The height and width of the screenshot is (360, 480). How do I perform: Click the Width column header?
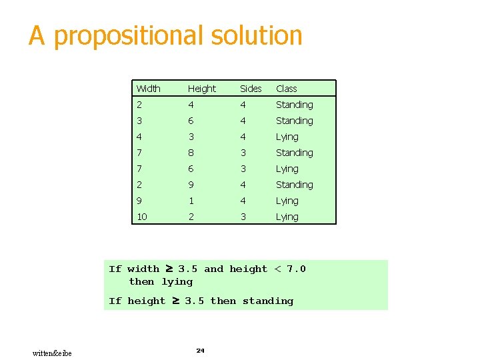point(148,89)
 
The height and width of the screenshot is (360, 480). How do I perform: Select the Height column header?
point(201,89)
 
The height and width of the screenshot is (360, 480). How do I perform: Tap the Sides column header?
point(251,89)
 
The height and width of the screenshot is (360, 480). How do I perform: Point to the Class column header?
point(286,89)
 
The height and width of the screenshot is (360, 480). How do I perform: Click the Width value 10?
point(141,217)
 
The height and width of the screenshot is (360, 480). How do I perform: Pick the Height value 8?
point(191,153)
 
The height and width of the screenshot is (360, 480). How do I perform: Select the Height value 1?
point(191,201)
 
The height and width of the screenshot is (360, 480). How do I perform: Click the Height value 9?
point(191,185)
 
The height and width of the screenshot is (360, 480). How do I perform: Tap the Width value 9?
point(139,201)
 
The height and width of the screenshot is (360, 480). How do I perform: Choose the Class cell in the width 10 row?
point(287,217)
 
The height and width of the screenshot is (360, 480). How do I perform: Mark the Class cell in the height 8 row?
point(294,153)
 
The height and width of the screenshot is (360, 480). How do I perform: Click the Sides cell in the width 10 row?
point(243,217)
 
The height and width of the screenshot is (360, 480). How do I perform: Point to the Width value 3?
point(139,121)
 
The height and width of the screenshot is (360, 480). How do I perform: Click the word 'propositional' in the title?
point(126,36)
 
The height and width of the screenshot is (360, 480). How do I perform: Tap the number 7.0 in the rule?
point(296,269)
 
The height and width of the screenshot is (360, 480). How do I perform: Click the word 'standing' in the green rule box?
point(267,301)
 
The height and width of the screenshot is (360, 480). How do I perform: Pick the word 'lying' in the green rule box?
point(177,281)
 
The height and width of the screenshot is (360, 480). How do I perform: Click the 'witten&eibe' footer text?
point(52,353)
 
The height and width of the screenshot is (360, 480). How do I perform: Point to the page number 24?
point(200,350)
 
